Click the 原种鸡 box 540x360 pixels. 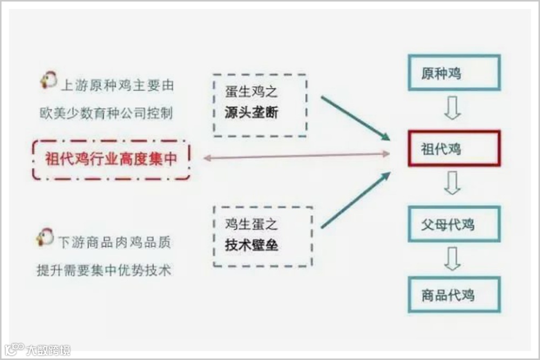tap(454, 72)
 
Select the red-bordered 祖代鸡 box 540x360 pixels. tap(454, 148)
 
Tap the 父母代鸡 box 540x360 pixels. tap(454, 223)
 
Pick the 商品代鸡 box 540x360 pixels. tap(454, 295)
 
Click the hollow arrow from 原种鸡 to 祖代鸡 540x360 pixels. tap(453, 110)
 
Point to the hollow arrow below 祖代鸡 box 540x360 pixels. tap(453, 185)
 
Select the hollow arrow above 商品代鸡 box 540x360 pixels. tap(453, 259)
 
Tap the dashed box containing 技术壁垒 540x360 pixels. tap(262, 235)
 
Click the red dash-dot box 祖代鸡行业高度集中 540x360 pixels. tap(111, 160)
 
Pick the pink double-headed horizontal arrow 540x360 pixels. tap(297, 156)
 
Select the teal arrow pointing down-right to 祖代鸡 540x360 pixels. tap(355, 118)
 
